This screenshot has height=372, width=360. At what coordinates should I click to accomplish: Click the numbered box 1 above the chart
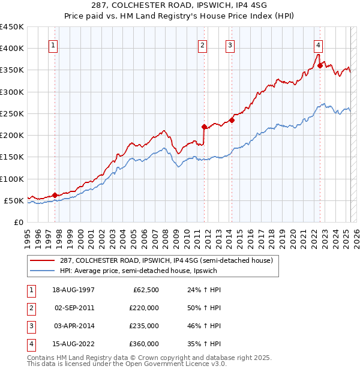point(53,44)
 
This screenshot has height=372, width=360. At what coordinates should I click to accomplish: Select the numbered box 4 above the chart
point(318,44)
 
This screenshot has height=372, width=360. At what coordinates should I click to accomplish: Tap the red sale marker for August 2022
point(320,66)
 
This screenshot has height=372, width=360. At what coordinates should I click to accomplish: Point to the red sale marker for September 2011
point(204,127)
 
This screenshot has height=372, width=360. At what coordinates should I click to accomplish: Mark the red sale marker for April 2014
point(232,120)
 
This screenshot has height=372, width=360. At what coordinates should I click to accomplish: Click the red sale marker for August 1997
point(55,194)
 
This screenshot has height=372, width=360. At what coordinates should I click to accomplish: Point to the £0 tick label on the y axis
point(18,222)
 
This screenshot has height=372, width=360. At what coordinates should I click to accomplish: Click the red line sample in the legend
point(42,260)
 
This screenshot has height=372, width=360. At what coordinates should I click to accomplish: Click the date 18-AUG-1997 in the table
point(74,290)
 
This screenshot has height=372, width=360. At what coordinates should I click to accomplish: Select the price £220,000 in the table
point(145,308)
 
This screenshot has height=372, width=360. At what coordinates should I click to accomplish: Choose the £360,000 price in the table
point(145,344)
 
